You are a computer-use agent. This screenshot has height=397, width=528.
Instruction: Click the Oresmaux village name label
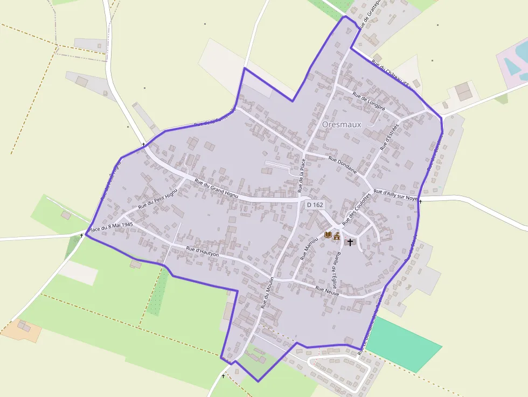pos(342,124)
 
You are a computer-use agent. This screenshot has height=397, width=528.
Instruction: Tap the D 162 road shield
pos(315,205)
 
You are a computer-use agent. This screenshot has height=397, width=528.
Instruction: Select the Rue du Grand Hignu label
pos(218,189)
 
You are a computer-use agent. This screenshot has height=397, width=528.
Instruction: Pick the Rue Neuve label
pos(327,291)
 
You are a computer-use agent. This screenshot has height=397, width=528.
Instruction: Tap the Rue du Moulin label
pos(267,292)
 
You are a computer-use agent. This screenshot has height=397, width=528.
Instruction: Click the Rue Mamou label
pos(309,251)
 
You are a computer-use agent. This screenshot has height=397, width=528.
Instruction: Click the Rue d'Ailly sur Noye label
pos(395,194)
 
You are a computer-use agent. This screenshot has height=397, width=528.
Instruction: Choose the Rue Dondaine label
pos(343,164)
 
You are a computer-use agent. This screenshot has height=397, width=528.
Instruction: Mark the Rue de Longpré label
pos(369,101)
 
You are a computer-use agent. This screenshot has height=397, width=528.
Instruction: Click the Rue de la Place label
pos(302,175)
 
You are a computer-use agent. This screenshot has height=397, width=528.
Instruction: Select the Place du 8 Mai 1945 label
pos(109,228)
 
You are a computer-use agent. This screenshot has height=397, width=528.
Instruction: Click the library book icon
pos(328,235)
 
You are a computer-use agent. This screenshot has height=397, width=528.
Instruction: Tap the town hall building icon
pos(337,235)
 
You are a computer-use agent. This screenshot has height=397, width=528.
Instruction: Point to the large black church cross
pos(350,242)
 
